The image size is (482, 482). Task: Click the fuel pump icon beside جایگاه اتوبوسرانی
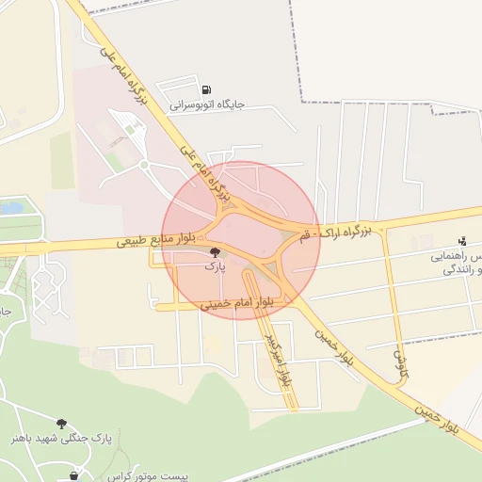205,90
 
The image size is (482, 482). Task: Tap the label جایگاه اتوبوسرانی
207,105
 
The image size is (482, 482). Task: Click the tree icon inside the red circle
216,252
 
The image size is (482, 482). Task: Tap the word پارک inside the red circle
216,267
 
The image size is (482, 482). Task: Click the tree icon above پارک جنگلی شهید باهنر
62,424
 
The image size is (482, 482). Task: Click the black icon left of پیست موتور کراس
74,476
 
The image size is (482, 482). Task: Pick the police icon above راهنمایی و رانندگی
461,242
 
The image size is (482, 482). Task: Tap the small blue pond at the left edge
11,207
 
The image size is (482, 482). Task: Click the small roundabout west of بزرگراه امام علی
144,165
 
